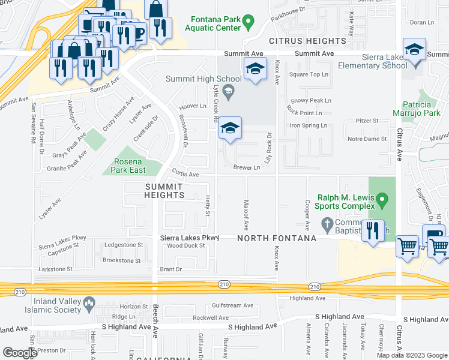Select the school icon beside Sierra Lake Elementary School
(x=414, y=52)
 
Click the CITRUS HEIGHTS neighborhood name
(x=308, y=41)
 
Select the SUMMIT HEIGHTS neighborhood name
(x=164, y=191)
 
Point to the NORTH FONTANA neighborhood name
(x=276, y=238)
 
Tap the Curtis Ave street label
(x=185, y=175)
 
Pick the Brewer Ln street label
(x=247, y=167)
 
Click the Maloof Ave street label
(x=246, y=215)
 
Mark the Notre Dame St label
(x=367, y=139)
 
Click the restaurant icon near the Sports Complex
(x=373, y=231)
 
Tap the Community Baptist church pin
(x=327, y=226)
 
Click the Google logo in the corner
(x=20, y=352)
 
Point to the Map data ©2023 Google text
(x=411, y=355)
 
